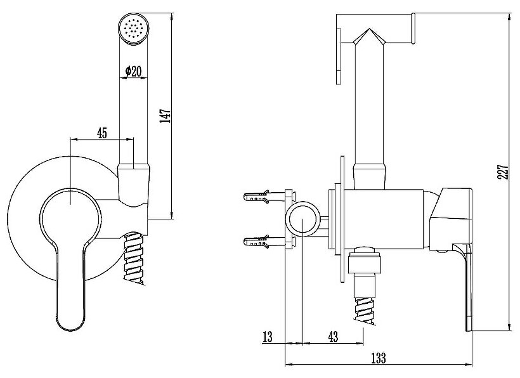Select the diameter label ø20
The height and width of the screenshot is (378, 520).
point(133,72)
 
